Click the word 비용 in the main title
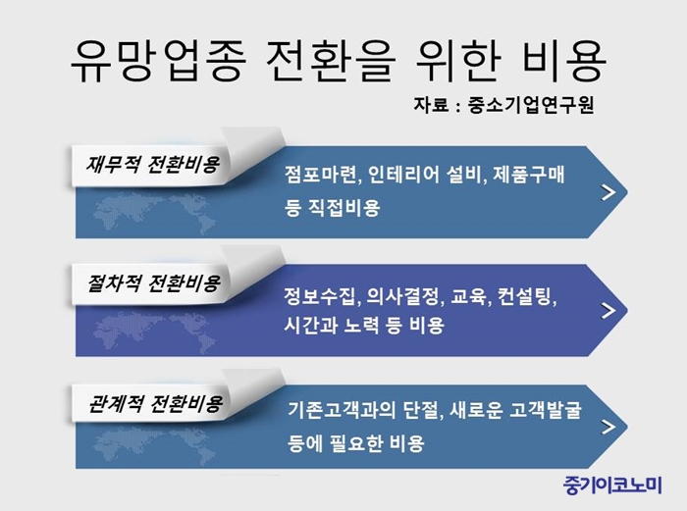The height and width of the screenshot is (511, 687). click(x=564, y=61)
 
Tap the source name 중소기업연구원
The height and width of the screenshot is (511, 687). click(x=531, y=105)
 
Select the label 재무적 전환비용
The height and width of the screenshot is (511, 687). click(x=152, y=165)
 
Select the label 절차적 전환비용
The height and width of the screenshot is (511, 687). click(x=153, y=283)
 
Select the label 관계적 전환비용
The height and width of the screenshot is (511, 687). click(x=155, y=403)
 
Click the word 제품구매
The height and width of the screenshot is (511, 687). click(x=529, y=175)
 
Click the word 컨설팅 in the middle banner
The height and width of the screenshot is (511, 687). click(x=528, y=297)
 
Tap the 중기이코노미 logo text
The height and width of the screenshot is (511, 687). click(x=612, y=485)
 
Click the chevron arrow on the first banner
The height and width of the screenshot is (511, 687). click(x=608, y=192)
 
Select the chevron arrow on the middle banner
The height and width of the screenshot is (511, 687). click(x=608, y=311)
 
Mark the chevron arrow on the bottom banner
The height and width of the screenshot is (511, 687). click(x=608, y=427)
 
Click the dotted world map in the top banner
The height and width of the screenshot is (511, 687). click(x=154, y=214)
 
